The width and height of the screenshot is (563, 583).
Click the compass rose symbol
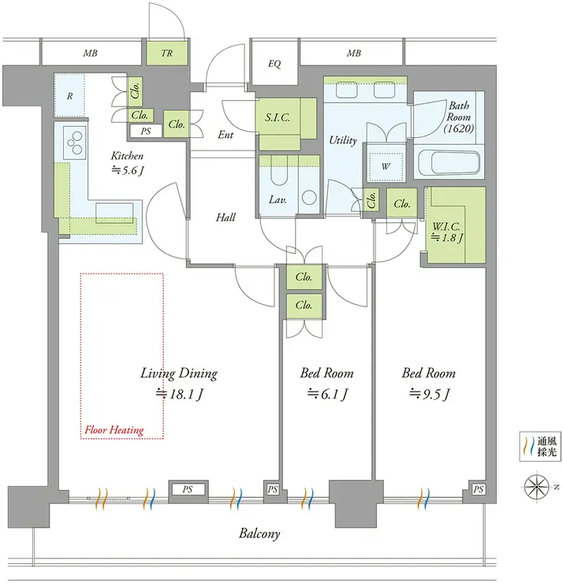(x=536, y=487)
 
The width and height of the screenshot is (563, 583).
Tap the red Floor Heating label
(x=114, y=430)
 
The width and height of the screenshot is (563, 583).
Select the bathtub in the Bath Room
(x=449, y=163)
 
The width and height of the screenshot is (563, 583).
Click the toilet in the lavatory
(x=278, y=173)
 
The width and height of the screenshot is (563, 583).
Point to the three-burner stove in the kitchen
(x=75, y=142)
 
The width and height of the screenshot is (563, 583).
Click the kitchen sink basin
(x=114, y=213)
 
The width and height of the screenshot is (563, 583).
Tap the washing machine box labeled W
(x=386, y=165)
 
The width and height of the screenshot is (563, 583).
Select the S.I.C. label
(x=278, y=118)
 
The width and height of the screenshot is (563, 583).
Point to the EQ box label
(x=274, y=64)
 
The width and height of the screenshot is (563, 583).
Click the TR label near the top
(x=166, y=53)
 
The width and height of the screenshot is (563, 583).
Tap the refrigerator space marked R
(x=69, y=96)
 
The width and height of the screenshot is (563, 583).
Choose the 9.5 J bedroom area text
(x=430, y=394)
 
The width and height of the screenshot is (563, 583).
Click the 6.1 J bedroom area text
(x=327, y=394)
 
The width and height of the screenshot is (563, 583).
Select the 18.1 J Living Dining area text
(x=179, y=394)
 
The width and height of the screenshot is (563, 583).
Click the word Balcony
(x=259, y=534)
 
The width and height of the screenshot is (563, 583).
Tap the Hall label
(x=226, y=217)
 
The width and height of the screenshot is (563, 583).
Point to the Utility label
(x=343, y=140)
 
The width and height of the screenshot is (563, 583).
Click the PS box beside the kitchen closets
(x=146, y=131)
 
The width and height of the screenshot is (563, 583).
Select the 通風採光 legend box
(x=540, y=447)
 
